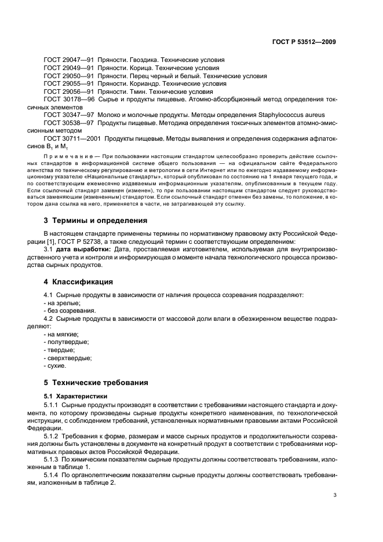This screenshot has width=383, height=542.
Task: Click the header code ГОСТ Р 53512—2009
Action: tap(305, 42)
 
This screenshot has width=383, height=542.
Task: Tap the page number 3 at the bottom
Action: tap(335, 495)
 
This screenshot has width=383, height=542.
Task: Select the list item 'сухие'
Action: tap(56, 365)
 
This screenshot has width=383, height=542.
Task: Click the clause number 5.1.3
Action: tap(53, 457)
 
